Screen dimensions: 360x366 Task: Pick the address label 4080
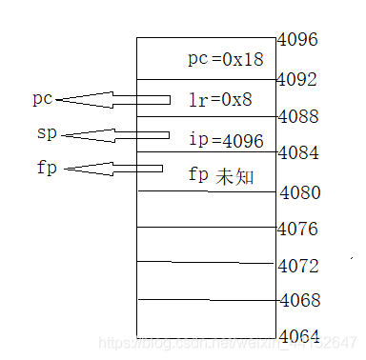(300, 192)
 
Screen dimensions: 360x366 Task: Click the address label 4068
(300, 300)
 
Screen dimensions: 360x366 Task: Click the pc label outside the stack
(42, 98)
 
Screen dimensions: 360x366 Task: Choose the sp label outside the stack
(44, 132)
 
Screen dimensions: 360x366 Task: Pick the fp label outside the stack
(44, 169)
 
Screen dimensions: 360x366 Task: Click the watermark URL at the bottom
(229, 342)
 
